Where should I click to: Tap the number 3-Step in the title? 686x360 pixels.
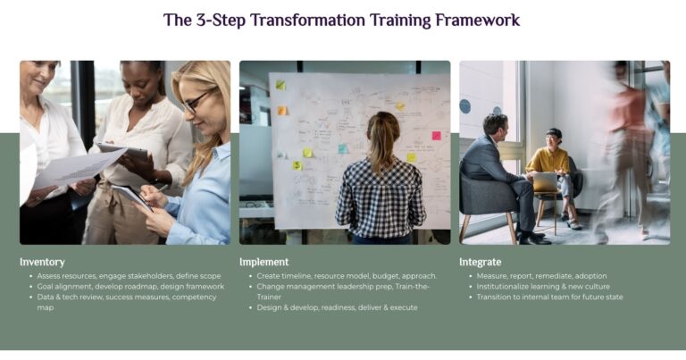tap(221, 21)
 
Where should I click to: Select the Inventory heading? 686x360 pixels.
tap(42, 262)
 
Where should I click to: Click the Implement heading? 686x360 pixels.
tap(264, 262)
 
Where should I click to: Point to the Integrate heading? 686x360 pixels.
tap(480, 262)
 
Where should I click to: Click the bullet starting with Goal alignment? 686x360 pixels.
tap(130, 287)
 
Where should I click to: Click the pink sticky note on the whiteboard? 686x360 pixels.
tap(436, 136)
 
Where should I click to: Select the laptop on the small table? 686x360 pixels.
tap(545, 182)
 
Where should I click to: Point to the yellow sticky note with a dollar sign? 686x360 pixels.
tap(297, 165)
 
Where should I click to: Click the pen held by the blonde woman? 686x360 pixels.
tap(160, 188)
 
